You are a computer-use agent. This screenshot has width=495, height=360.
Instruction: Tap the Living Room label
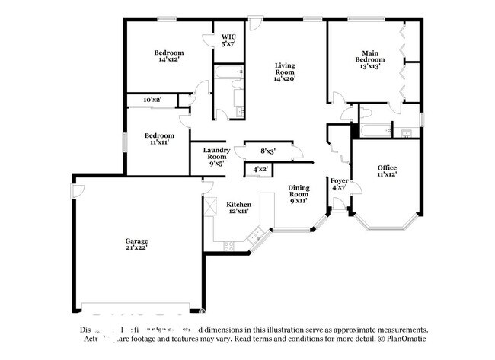coord(285,71)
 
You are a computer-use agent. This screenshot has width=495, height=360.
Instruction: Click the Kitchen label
coord(238,205)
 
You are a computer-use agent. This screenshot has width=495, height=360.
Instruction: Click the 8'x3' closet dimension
coord(268,151)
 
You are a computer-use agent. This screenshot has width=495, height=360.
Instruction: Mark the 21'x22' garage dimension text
coord(137,247)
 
